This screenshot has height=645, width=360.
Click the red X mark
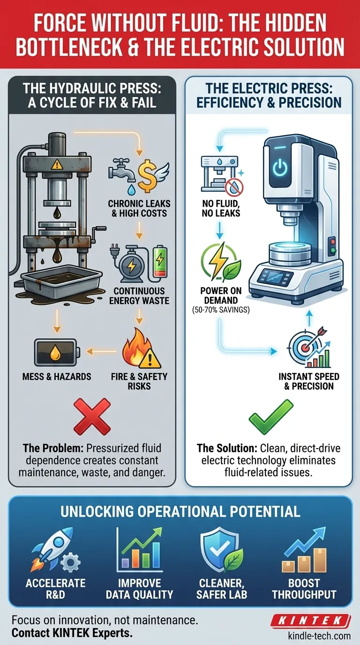tap(92, 417)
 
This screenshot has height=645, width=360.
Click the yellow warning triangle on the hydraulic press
tap(57, 165)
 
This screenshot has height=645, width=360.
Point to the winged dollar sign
tap(153, 176)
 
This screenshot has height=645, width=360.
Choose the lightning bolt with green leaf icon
tap(221, 262)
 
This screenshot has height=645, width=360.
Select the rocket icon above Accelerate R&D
tap(55, 549)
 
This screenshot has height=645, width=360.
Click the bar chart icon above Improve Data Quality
tap(139, 549)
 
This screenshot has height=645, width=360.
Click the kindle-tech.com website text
tap(319, 636)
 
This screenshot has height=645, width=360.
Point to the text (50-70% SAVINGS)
tap(221, 310)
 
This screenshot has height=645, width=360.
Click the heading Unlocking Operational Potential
tap(180, 512)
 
